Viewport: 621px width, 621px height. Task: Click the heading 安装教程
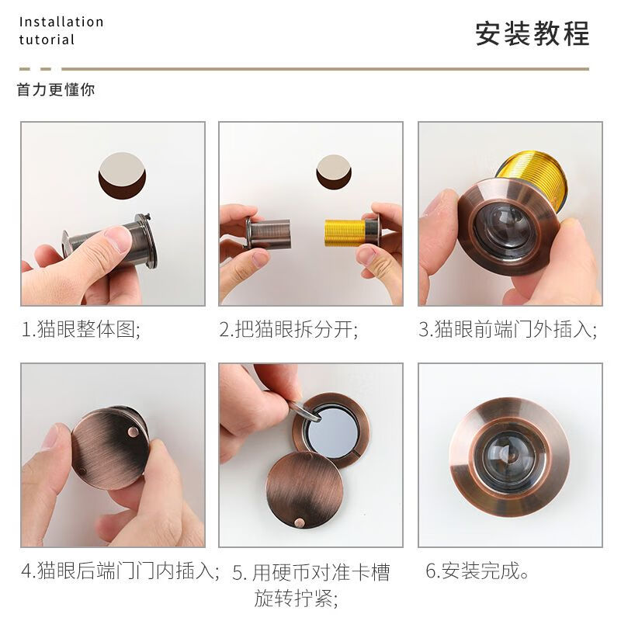coord(533,33)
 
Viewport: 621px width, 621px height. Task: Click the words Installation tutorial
coord(61,31)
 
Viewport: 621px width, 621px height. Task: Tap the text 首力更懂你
coord(56,90)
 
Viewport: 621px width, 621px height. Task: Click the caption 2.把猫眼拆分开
coord(289,329)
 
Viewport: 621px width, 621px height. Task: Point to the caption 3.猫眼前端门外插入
coord(508,329)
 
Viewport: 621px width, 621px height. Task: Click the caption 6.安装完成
coord(477,573)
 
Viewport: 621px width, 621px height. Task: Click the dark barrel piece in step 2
coord(269,231)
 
